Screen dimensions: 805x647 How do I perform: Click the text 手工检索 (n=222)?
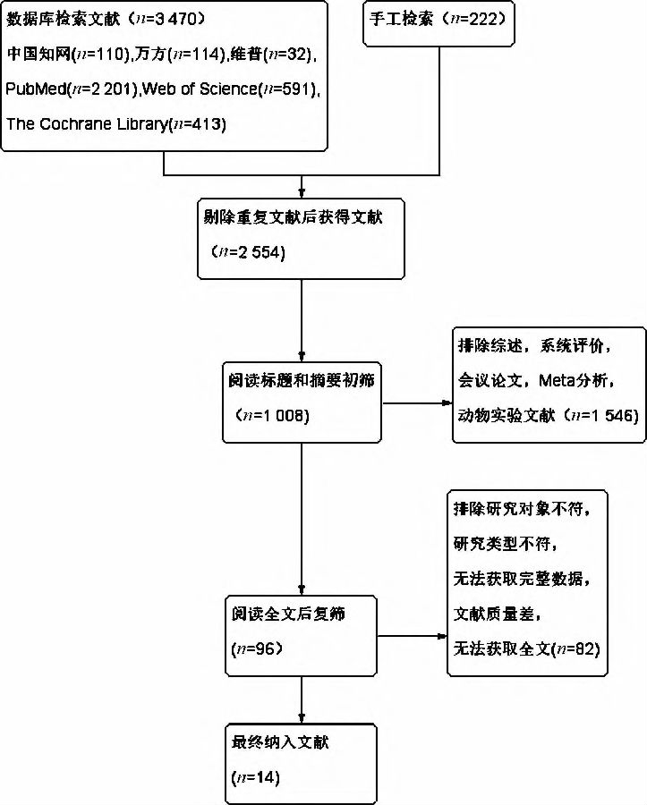click(437, 19)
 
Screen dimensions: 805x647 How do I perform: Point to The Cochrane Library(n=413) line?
click(115, 124)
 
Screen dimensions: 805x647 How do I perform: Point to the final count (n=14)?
click(255, 777)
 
